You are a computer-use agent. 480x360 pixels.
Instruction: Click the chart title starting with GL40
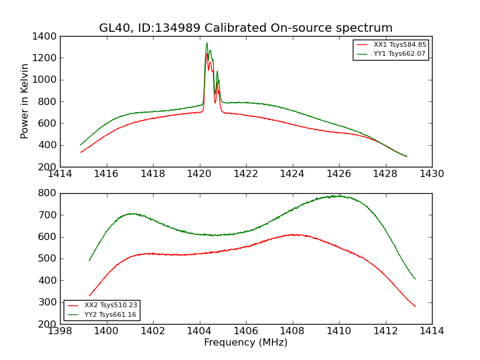click(x=246, y=28)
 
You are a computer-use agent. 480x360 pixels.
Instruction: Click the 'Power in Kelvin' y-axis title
click(x=25, y=101)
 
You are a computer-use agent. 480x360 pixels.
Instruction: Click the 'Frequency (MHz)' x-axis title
click(x=246, y=343)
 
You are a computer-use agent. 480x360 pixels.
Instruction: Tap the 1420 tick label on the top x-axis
click(x=200, y=174)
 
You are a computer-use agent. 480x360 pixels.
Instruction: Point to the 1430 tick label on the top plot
click(x=432, y=174)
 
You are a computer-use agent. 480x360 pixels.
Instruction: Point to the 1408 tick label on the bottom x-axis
click(x=292, y=331)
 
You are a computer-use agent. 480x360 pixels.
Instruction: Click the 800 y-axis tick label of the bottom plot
click(x=48, y=193)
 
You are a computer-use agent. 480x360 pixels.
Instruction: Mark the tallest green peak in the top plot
click(x=207, y=43)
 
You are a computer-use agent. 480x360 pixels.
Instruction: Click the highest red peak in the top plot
click(x=207, y=54)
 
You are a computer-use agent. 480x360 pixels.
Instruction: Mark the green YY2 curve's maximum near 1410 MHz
click(x=339, y=196)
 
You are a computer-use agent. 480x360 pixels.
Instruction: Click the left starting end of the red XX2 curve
click(x=89, y=296)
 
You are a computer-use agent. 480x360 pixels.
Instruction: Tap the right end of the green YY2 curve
click(x=415, y=279)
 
